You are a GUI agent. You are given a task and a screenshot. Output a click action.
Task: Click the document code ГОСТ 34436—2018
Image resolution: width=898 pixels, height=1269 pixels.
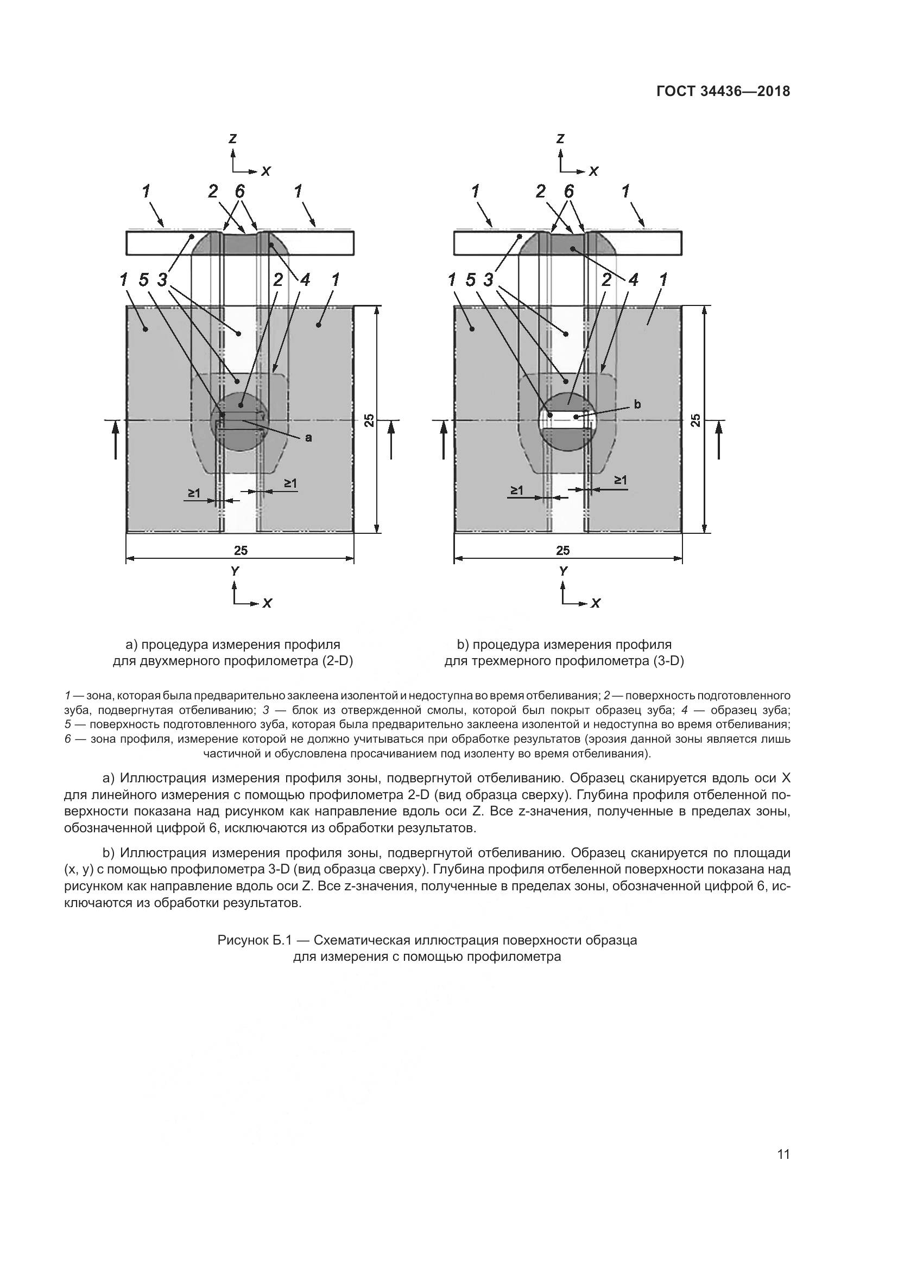(723, 92)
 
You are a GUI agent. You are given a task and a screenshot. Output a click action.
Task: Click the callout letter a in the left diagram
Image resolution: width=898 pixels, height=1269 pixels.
(308, 437)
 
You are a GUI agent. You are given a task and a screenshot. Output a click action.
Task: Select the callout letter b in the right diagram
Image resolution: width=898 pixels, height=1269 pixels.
(637, 405)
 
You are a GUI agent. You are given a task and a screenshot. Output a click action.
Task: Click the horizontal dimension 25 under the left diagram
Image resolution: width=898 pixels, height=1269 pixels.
(241, 550)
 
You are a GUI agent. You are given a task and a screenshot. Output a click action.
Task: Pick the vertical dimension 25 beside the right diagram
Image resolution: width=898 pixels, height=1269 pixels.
(696, 420)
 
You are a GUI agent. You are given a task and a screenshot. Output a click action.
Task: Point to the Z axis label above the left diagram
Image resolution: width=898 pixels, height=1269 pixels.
(233, 138)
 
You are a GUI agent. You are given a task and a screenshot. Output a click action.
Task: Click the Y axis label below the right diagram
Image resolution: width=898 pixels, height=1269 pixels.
(563, 571)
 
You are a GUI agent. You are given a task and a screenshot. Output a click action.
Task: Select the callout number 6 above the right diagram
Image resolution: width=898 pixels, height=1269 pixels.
(568, 191)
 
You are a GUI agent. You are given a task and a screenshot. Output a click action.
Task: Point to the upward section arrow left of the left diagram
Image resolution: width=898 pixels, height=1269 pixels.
(116, 439)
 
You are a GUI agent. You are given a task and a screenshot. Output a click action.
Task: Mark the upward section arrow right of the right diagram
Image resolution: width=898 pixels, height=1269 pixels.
(719, 439)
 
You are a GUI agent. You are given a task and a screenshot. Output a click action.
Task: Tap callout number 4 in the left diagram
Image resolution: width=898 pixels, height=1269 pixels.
(304, 279)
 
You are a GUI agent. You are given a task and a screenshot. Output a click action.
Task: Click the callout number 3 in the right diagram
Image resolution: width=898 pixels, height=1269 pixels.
(488, 280)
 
